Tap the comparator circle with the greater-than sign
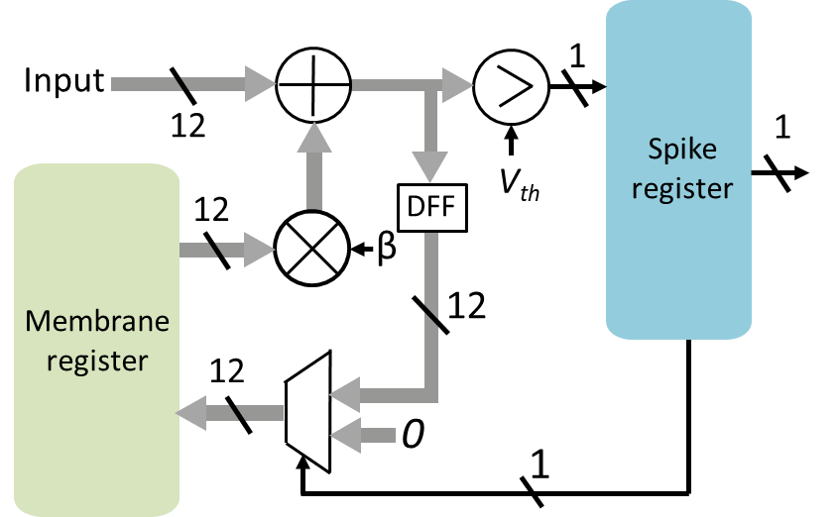pos(510,86)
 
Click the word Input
pos(63,80)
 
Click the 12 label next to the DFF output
pos(466,306)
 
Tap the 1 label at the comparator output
pos(578,55)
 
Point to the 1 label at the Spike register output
pos(782,130)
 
